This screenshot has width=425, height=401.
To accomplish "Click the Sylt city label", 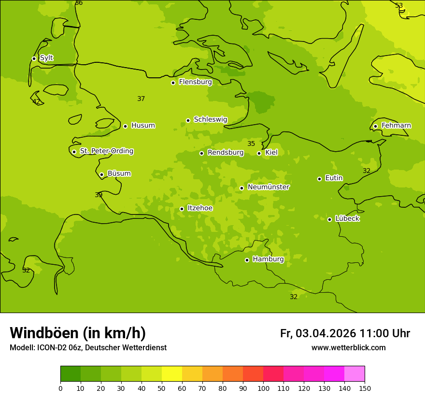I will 46,58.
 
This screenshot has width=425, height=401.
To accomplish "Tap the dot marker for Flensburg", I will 173,83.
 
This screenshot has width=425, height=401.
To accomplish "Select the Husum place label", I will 143,126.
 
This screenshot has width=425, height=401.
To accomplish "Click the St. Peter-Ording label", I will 106,151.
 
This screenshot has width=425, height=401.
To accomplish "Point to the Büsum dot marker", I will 101,174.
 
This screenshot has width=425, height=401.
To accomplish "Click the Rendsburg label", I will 226,153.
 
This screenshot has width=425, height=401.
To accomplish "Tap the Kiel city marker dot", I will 259,153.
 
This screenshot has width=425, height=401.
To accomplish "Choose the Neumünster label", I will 268,187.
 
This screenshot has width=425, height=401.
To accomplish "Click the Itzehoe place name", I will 200,208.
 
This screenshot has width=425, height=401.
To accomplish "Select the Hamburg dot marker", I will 247,260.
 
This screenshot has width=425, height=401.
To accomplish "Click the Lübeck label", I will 347,219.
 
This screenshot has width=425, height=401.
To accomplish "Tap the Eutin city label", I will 334,178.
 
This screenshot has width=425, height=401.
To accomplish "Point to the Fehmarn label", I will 396,126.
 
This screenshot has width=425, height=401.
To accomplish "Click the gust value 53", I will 399,6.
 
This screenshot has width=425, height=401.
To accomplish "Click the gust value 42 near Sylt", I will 36,101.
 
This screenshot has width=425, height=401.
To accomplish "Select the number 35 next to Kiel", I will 251,143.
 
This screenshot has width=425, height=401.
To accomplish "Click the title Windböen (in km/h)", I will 78,333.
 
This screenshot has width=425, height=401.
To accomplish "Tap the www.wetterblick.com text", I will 348,348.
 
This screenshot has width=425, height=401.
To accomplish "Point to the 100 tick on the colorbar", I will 263,388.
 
